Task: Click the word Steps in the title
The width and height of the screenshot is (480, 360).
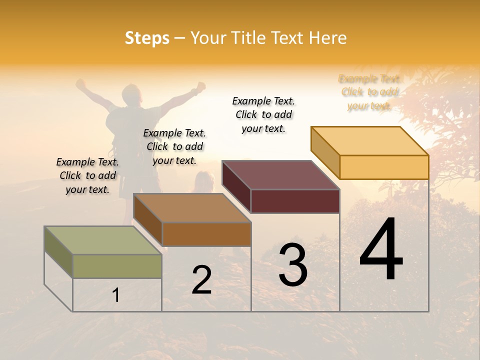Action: point(147,38)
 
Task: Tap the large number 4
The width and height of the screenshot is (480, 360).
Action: point(381,250)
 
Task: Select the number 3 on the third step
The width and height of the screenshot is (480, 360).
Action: point(293,265)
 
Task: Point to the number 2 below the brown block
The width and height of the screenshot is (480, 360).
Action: point(201,280)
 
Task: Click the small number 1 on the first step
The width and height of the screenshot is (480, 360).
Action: point(116,295)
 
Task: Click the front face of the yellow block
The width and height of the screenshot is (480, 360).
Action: point(384,167)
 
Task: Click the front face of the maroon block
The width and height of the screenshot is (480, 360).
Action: point(295,201)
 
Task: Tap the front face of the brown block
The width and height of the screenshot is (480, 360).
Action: point(206,234)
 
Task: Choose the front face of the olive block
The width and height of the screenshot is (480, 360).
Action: point(117,266)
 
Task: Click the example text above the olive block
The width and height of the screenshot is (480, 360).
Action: point(87,175)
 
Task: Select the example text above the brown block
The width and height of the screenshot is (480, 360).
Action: point(174,146)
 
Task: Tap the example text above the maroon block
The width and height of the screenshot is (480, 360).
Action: point(263,114)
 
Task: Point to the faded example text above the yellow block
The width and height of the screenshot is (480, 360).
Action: point(369,92)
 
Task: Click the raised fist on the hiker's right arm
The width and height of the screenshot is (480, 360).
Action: point(200,86)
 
